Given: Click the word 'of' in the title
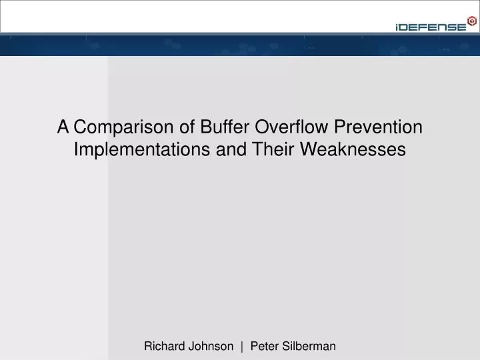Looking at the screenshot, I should (172, 127).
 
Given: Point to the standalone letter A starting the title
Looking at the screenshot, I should (63, 127).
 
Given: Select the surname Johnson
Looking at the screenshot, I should (211, 346).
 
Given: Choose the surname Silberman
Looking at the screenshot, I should (309, 346).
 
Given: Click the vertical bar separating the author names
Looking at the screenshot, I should (241, 346).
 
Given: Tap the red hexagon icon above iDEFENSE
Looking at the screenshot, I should (472, 20).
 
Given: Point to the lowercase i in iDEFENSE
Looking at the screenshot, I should (397, 27).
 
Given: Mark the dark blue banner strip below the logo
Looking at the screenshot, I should (240, 45).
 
